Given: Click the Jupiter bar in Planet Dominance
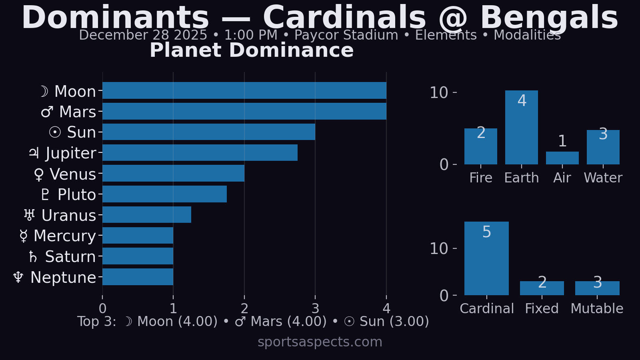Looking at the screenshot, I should coord(200,153).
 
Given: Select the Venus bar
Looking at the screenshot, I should coord(173,173).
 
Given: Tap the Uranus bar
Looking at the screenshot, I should coord(147,215).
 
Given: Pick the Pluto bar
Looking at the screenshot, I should coord(164,194).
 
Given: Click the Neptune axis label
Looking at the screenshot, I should coord(55,278).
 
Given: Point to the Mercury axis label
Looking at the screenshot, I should coord(58,236).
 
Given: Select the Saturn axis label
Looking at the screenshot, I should coord(62,257).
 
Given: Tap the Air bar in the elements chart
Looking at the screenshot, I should coord(562,158).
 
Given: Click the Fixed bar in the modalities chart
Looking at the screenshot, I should coord(542,288).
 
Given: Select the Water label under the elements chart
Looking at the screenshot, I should coord(603,178).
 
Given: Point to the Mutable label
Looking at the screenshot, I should coord(597,309).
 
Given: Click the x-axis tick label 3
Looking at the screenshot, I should coord(315,308).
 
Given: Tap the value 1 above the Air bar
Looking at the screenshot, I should coord(562,141).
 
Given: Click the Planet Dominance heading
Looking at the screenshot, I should coord(252,50).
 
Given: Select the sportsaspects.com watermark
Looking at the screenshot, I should coord(320,342).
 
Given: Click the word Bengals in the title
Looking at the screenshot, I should coord(549,18).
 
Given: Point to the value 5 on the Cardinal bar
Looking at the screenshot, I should coord(486,232).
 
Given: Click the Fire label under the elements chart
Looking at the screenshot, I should coord(481,178).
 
